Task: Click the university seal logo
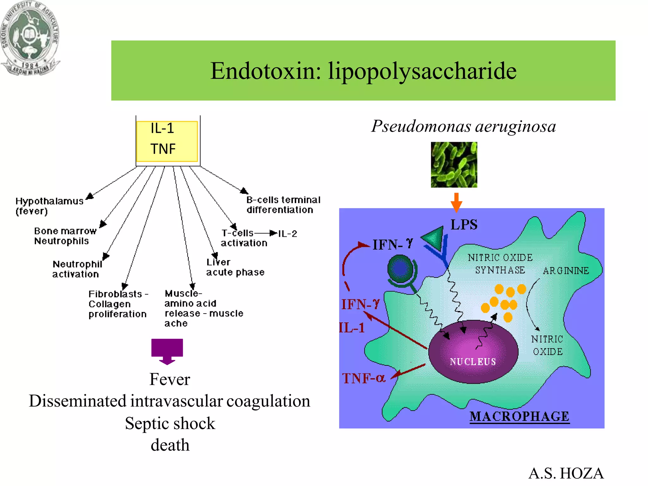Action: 29,37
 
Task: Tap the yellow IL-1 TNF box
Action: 167,141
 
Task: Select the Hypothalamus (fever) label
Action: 49,206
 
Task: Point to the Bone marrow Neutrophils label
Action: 65,236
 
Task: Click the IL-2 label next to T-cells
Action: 288,234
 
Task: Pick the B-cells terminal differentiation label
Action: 283,205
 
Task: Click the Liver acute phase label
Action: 235,267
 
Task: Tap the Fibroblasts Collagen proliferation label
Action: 117,304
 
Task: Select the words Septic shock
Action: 170,423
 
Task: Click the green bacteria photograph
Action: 454,165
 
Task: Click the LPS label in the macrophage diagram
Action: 464,225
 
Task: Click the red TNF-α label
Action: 364,378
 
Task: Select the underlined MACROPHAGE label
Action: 519,416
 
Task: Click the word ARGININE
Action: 566,271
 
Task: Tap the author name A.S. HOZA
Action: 566,473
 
